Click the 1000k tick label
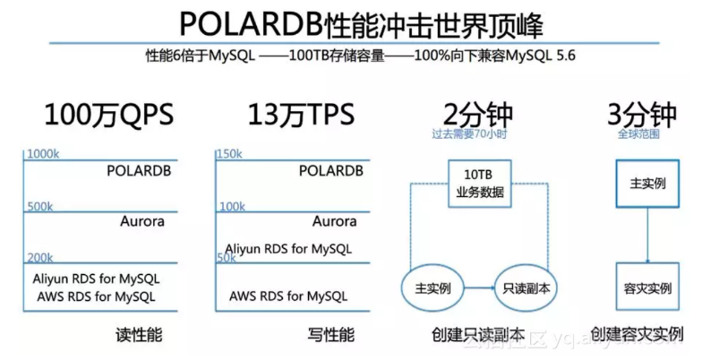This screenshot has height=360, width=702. tap(44, 154)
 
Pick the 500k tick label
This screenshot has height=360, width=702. tap(41, 206)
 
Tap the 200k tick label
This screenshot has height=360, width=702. tap(41, 257)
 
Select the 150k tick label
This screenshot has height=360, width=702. tap(229, 154)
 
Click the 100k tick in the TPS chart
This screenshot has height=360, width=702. tap(232, 206)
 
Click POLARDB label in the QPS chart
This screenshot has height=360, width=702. tap(139, 170)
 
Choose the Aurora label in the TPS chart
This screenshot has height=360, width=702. tap(334, 221)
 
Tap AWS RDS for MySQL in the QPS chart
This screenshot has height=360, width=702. tap(96, 296)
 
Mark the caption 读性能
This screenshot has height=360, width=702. tap(139, 335)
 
